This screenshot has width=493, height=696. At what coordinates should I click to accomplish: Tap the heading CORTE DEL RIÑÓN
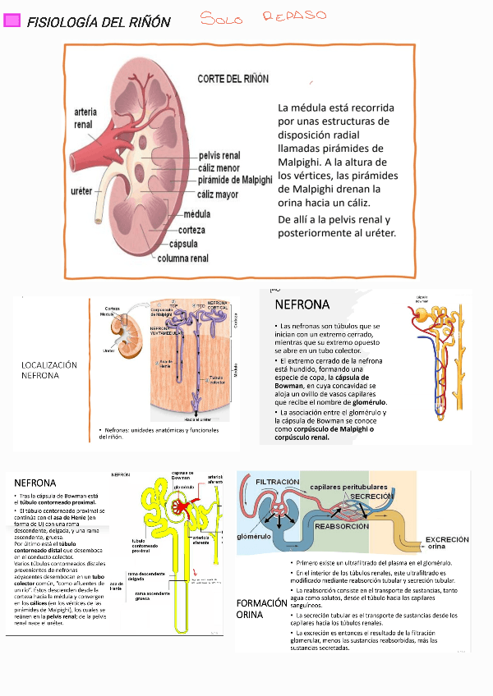point(233,79)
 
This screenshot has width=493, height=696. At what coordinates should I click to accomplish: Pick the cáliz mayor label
point(218,195)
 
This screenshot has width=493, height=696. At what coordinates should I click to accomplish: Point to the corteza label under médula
point(191,230)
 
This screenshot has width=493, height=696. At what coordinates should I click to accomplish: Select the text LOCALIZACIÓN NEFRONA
point(48,369)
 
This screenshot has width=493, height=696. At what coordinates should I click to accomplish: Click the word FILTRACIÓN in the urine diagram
point(278,482)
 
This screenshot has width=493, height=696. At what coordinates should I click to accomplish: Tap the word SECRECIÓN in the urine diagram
point(372,497)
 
